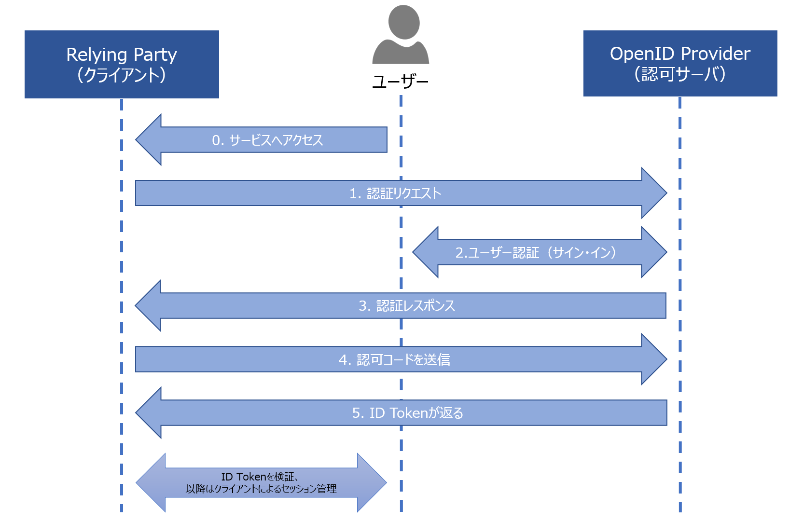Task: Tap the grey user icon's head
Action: coord(403,22)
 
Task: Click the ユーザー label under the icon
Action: coord(401,82)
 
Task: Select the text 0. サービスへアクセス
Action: coord(267,140)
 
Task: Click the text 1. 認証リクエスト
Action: coord(395,193)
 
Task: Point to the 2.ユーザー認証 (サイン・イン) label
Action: coord(536,252)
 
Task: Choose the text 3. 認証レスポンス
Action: coord(406,306)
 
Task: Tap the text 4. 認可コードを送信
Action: coord(394,359)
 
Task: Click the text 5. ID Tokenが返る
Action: coord(407,413)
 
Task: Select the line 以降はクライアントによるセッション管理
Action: coord(261,489)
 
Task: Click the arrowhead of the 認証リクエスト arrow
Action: coord(654,193)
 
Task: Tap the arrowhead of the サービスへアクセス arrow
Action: coord(149,140)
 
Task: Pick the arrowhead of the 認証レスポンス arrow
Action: coord(148,305)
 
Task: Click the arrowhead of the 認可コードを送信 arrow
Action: coord(654,359)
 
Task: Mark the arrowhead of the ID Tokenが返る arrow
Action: coord(149,412)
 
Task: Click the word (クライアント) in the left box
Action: coord(122,75)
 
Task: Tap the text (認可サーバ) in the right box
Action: coord(680,74)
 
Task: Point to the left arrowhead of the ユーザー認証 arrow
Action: coord(426,252)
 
